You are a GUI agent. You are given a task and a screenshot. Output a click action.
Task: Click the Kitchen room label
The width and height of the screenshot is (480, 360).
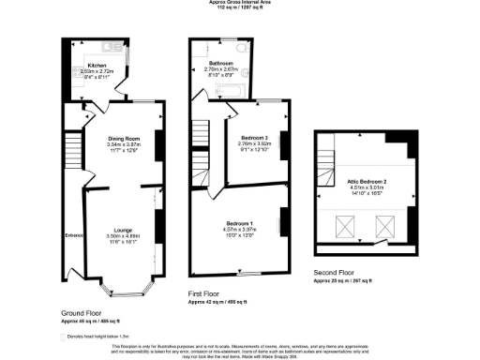95,66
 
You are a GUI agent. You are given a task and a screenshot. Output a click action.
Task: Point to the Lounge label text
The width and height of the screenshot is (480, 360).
122,229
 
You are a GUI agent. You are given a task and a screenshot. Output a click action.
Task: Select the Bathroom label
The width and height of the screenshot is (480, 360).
220,63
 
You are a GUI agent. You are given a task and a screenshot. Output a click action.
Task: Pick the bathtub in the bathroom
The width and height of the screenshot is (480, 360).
231,92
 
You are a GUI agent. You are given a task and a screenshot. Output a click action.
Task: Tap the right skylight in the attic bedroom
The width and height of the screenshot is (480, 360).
383,225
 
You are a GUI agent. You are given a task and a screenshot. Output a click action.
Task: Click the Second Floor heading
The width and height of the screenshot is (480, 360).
336,273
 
